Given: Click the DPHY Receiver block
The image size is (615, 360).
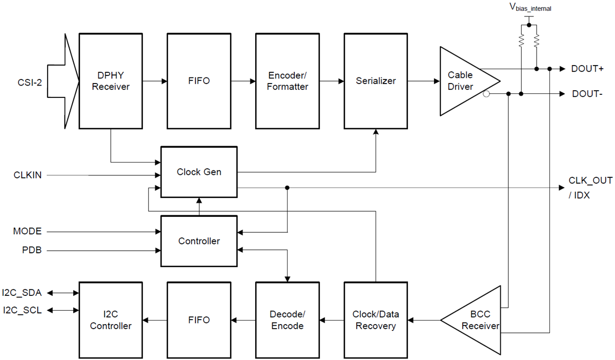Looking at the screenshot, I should [x=110, y=81].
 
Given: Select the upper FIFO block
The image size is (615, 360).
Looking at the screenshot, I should [x=199, y=81].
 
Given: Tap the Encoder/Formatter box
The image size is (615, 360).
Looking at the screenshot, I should [x=288, y=81].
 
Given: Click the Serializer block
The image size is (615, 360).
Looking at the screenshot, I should [x=376, y=81].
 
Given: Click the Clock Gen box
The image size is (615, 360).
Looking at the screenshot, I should [x=199, y=172].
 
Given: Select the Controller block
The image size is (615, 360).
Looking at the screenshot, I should [x=199, y=241].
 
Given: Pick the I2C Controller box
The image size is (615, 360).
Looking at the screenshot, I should [x=110, y=320].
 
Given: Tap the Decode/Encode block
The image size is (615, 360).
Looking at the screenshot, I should [x=288, y=320].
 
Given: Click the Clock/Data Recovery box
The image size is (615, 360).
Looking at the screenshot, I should [x=376, y=320].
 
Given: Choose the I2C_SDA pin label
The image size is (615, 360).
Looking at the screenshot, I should [x=22, y=293].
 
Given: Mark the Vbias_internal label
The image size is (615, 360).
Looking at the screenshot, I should [x=530, y=8].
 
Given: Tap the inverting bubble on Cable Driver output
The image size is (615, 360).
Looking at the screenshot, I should [x=486, y=94].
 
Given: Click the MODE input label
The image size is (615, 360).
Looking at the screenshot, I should [x=27, y=231].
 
